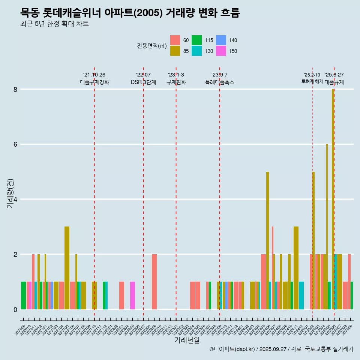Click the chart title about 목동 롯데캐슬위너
coord(130,13)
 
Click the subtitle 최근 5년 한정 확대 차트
coord(55,24)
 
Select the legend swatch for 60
coord(175,40)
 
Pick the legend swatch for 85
coord(175,51)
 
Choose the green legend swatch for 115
coord(197,40)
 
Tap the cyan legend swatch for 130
coord(197,51)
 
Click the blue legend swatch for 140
coord(221,40)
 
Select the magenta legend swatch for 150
coord(221,51)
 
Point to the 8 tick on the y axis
coord(15,89)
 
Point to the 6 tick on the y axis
coord(15,144)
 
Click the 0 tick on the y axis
coord(15,309)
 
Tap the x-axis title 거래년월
coord(187,340)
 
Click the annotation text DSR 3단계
coord(143,82)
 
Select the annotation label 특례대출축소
coord(220,82)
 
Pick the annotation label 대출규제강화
coord(94,82)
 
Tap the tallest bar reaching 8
coord(333,199)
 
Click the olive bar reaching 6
coord(327,225)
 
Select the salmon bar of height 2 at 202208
coord(154,282)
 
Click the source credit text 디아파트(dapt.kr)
coord(232,349)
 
